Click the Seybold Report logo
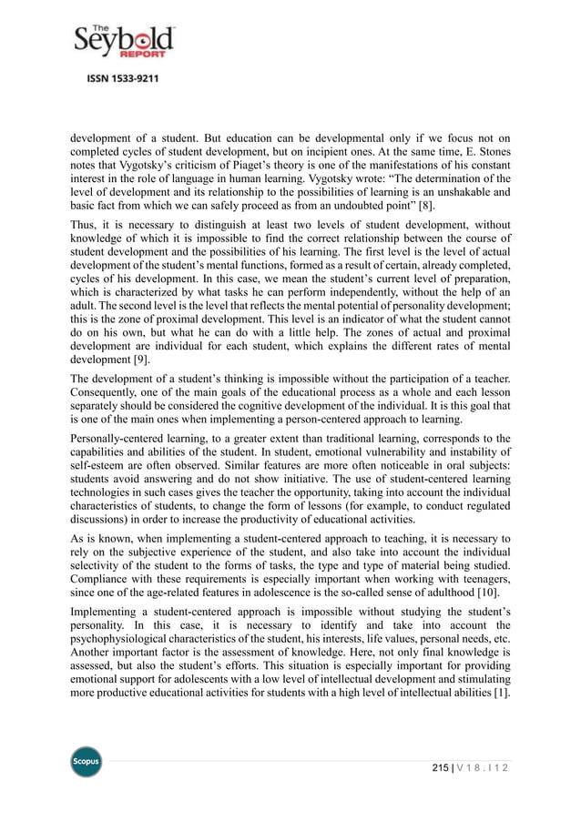coord(124,42)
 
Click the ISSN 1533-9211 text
coord(123,79)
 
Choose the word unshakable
coord(454,189)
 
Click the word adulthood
coord(458,594)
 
